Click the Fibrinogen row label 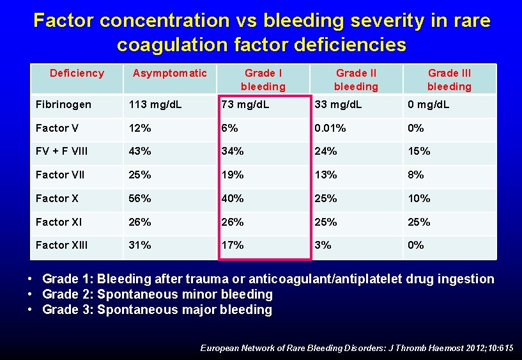63,104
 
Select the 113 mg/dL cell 155,104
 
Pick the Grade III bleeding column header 449,80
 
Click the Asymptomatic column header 169,74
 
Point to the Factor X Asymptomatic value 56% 140,198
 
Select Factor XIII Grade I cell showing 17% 233,246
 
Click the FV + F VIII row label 62,152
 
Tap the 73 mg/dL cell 245,104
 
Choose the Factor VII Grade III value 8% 416,175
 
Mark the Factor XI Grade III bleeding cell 419,222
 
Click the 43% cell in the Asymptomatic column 140,152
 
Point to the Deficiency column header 77,74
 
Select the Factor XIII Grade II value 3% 323,246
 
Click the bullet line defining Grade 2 157,294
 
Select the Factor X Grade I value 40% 233,198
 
